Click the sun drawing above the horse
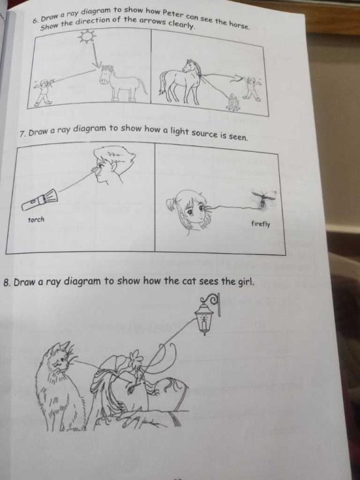click(87, 37)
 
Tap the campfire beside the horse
click(233, 102)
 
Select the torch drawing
click(39, 199)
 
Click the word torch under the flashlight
click(36, 219)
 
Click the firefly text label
click(261, 224)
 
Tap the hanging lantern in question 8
click(205, 315)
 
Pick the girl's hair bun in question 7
click(171, 202)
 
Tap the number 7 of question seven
click(22, 134)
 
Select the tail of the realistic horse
click(162, 82)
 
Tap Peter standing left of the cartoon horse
click(44, 92)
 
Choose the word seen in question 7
click(238, 137)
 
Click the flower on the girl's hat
click(133, 358)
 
